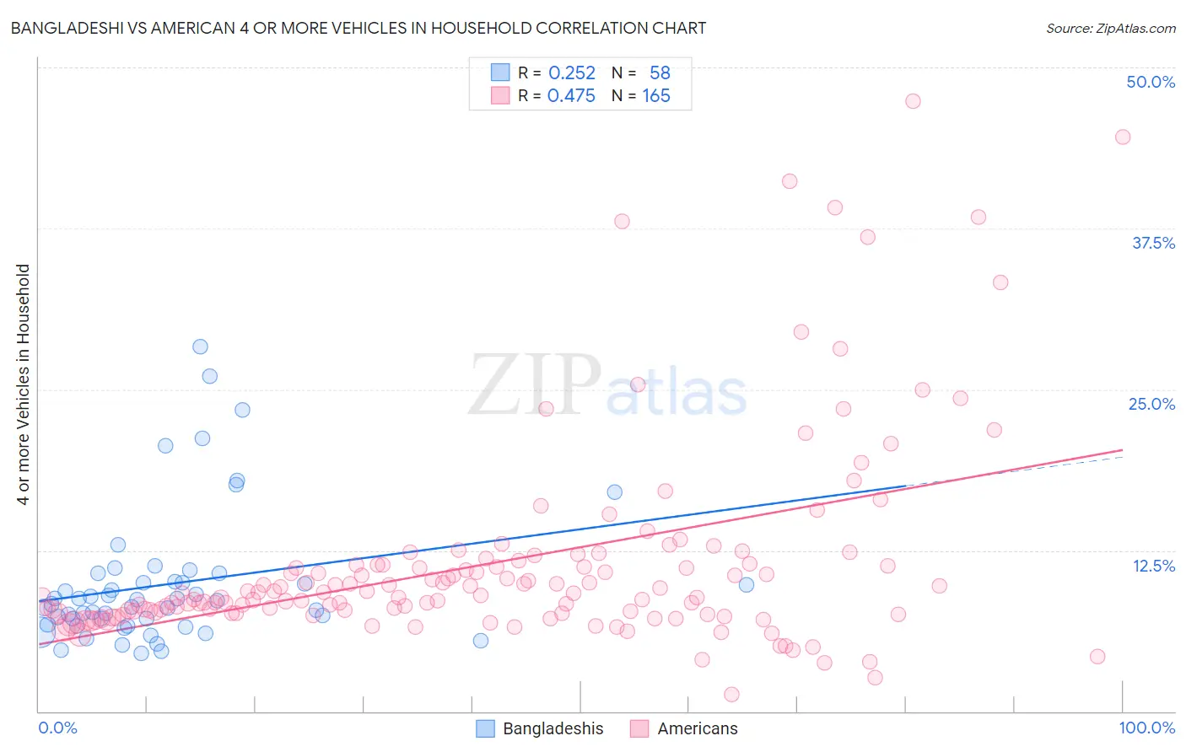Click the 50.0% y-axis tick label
coord(1151,82)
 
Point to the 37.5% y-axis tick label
coord(1153,243)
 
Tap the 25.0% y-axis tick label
coord(1151,404)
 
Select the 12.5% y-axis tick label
coord(1153,566)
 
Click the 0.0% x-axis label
coord(57,728)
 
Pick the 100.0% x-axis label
coord(1146,728)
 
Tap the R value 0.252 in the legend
coord(572,73)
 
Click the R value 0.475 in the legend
coord(571,96)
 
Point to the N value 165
coord(656,96)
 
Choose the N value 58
coord(660,73)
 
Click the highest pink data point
coord(913,101)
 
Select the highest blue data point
coord(200,346)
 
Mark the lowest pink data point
coord(731,695)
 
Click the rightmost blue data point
coord(746,584)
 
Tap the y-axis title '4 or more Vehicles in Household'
coord(24,384)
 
